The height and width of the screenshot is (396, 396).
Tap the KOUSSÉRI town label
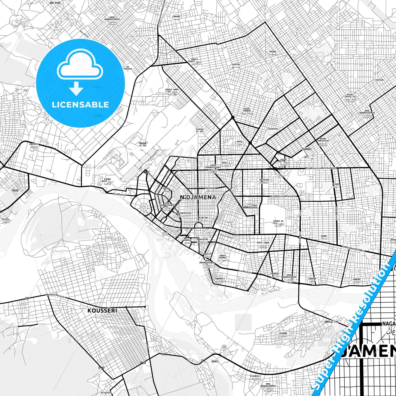point(102,310)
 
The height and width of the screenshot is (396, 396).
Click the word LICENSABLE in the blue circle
point(80,104)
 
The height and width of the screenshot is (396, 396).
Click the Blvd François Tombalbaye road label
point(321,168)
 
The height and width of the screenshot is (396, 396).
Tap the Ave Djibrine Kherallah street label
point(283,196)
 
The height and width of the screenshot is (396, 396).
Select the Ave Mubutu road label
point(245,271)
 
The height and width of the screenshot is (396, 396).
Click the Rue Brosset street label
point(120,194)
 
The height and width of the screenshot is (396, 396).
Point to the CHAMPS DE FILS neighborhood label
point(278,222)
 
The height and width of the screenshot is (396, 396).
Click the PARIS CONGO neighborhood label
point(263,243)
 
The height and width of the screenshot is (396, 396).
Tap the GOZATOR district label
point(236,65)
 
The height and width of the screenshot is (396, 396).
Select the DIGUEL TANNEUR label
point(247,110)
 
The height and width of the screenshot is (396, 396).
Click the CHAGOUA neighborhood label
point(312,278)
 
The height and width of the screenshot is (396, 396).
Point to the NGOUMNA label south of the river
point(283,333)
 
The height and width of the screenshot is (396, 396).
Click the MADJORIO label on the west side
point(34,144)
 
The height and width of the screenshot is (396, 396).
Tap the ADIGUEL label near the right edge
point(380,80)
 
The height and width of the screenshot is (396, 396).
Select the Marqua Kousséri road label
point(56,296)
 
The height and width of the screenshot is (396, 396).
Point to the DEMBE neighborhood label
point(324,236)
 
